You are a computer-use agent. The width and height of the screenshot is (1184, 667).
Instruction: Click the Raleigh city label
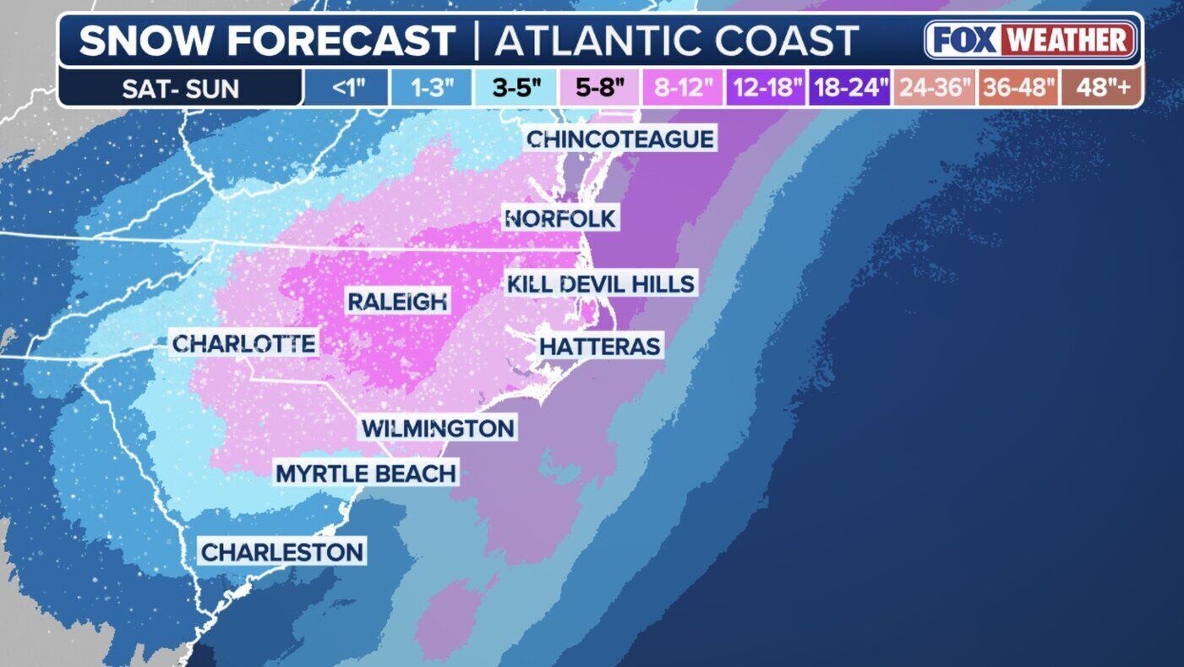(398, 301)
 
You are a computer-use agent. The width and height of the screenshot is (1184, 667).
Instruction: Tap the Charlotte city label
(243, 344)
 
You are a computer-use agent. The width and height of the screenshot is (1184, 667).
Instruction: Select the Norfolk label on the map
(560, 219)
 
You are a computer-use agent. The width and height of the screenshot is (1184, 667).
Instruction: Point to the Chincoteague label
(620, 139)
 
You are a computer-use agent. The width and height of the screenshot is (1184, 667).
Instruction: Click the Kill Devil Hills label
(600, 283)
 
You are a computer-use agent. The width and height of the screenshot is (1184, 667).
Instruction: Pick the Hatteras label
(600, 346)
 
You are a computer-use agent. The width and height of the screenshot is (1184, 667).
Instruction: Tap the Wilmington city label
(438, 428)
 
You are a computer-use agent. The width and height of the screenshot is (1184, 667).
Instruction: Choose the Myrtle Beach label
(366, 473)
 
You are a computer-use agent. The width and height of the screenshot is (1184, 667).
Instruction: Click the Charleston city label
(282, 553)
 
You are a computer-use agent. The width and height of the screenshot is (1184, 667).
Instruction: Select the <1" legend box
(346, 88)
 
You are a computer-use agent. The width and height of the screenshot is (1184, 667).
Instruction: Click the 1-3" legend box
(431, 88)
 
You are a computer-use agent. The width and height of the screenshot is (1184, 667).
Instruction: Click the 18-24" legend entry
(850, 88)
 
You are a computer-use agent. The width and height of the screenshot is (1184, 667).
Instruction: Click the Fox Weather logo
(1030, 40)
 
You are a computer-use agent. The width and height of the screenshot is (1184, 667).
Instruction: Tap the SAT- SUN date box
(181, 88)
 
